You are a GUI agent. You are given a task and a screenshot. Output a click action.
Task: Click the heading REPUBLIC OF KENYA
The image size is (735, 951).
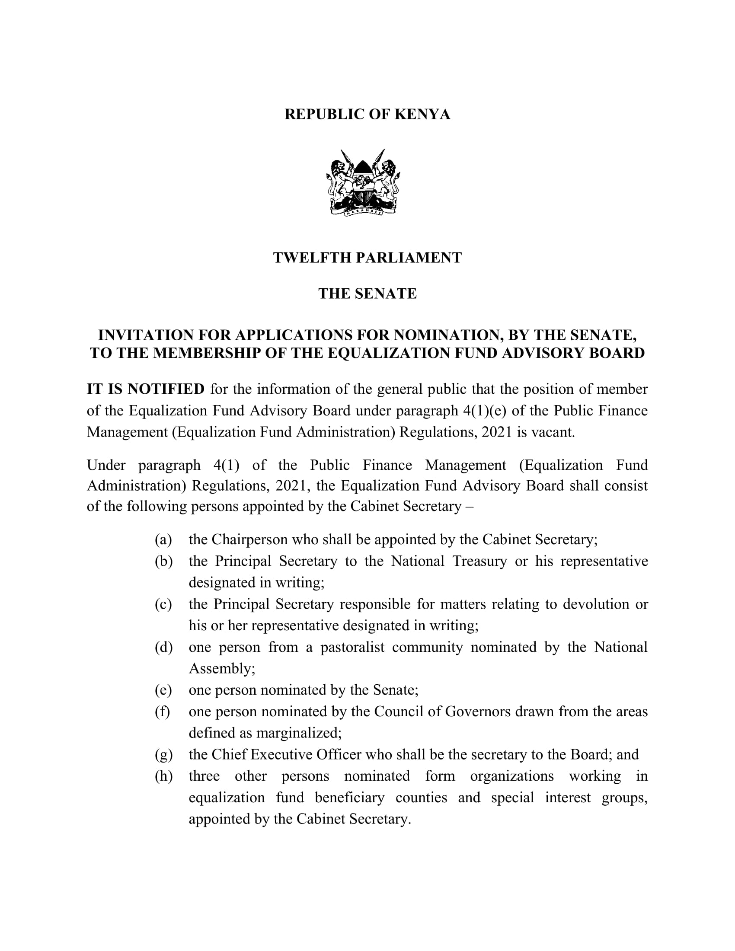[x=367, y=115]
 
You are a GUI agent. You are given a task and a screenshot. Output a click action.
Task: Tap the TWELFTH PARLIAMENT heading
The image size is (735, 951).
[x=367, y=258]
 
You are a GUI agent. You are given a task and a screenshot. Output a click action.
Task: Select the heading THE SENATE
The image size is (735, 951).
[x=367, y=294]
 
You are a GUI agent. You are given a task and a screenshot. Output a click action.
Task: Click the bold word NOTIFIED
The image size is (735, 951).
[x=166, y=389]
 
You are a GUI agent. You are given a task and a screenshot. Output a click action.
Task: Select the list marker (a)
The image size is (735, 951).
[x=163, y=540]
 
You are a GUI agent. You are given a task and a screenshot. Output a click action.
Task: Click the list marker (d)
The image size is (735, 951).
[x=163, y=648]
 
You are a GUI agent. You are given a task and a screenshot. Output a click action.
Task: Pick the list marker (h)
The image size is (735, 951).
[x=163, y=776]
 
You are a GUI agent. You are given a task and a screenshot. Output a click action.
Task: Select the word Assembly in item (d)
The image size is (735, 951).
[x=221, y=669]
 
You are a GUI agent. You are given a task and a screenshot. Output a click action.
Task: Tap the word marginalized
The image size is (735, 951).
[x=298, y=733]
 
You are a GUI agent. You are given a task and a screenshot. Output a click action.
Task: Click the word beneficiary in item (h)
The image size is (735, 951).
[x=350, y=798]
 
